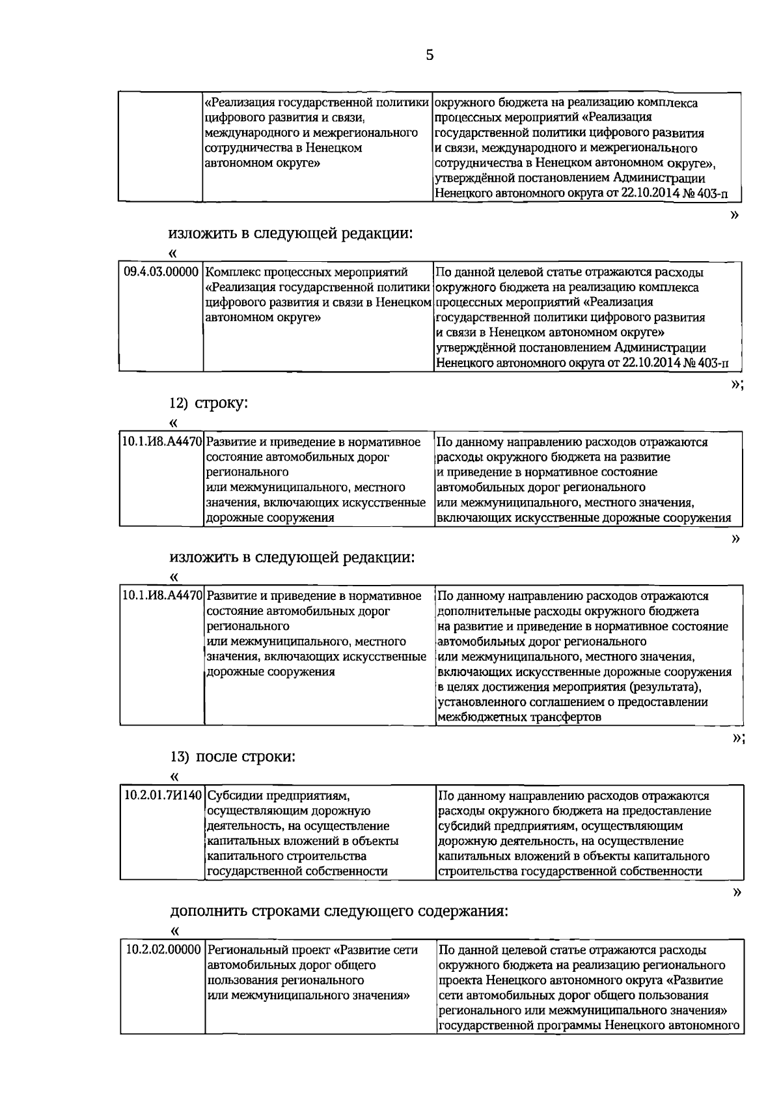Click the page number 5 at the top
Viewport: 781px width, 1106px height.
430,55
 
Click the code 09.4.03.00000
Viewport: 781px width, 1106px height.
161,272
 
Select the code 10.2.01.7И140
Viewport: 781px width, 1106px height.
163,796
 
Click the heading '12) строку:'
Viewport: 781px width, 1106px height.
209,403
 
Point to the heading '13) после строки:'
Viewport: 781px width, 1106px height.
233,757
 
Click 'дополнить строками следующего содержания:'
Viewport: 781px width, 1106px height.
338,911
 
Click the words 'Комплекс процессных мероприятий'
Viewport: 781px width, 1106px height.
306,272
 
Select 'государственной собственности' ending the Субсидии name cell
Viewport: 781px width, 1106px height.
297,872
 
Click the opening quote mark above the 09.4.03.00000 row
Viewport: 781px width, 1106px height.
172,253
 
